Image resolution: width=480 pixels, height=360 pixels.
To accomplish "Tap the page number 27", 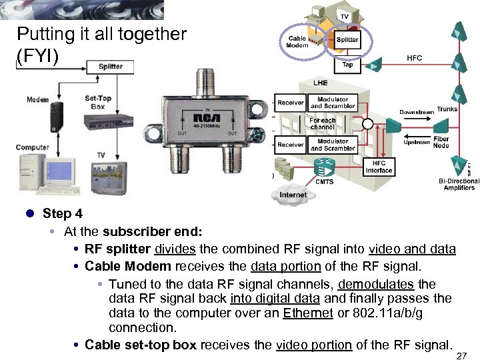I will point(461,357).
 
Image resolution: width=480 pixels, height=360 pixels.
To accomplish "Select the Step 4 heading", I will point(63,213).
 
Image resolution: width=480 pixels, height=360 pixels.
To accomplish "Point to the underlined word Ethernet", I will point(307,313).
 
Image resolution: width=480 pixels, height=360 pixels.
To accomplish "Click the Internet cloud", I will point(293,195).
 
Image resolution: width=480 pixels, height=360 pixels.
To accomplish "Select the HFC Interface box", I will point(379,167).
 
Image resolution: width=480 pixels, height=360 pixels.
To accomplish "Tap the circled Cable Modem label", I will point(297,42).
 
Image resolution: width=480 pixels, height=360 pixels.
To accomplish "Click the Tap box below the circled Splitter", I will point(347,65).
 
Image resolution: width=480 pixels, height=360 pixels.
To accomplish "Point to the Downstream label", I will point(416,112).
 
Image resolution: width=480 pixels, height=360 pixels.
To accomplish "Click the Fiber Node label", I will point(441,142).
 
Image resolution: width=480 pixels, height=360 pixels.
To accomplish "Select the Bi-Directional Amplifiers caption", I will point(459,184).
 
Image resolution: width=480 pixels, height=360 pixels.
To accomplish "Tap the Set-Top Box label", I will point(97,102).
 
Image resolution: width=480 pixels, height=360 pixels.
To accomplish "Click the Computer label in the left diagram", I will point(33,147).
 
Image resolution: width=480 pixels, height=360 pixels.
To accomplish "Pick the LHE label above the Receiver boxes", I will point(321,83).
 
